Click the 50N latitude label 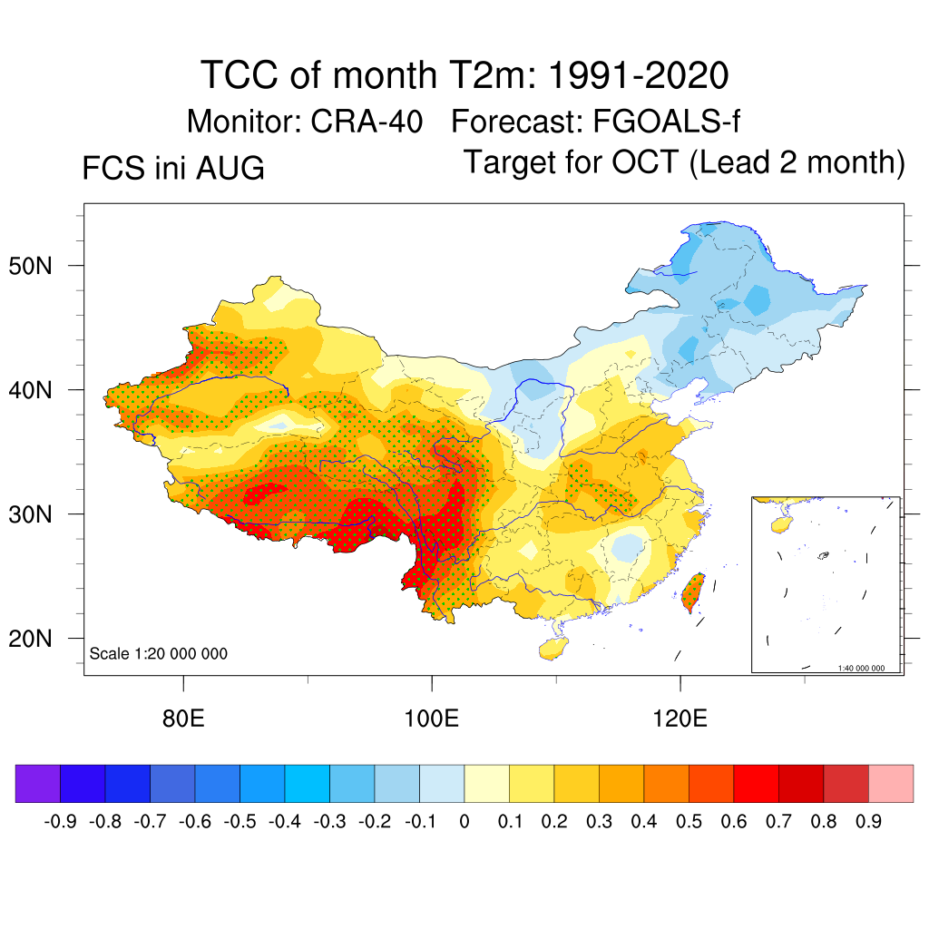(x=30, y=266)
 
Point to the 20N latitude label (x=30, y=639)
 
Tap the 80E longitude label (x=183, y=719)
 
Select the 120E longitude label (x=680, y=719)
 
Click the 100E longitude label (x=431, y=719)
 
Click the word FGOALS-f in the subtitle (x=666, y=122)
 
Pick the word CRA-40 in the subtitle (x=367, y=122)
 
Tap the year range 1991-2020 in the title (x=638, y=75)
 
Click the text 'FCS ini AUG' (x=173, y=168)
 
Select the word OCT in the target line (x=645, y=161)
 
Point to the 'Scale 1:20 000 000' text (x=158, y=653)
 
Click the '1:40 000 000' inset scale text (x=861, y=668)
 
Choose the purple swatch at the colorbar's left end (x=38, y=783)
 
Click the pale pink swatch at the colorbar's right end (x=891, y=783)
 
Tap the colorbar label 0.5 (x=689, y=821)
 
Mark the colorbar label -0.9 (x=60, y=821)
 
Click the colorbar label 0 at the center (x=464, y=821)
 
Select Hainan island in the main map (x=553, y=648)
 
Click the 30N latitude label (x=30, y=514)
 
